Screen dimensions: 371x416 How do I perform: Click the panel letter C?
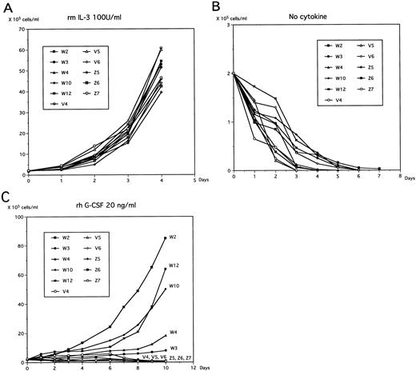tap(6, 194)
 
